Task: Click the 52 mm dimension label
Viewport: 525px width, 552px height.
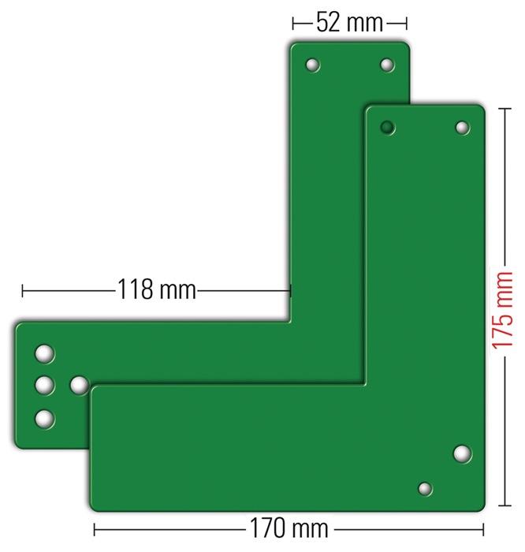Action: click(349, 23)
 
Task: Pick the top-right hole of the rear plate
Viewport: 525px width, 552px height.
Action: click(386, 65)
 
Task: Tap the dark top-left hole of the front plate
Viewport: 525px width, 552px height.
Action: click(387, 127)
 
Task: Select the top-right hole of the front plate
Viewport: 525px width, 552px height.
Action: click(462, 127)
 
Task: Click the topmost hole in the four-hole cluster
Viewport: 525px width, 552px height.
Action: click(46, 354)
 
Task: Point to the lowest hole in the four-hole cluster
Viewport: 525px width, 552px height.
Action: click(46, 418)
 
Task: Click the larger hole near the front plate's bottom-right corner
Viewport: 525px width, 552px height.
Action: click(462, 453)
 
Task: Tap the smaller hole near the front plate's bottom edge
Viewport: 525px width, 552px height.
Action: click(425, 489)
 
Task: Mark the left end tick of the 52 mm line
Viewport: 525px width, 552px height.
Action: click(293, 23)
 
